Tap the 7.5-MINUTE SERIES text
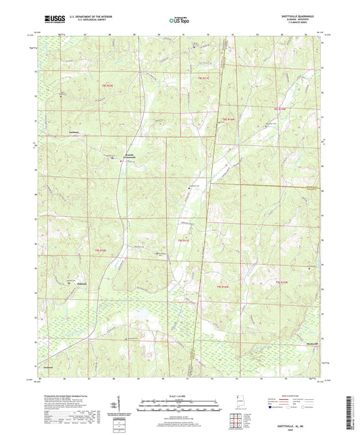click(x=306, y=24)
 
